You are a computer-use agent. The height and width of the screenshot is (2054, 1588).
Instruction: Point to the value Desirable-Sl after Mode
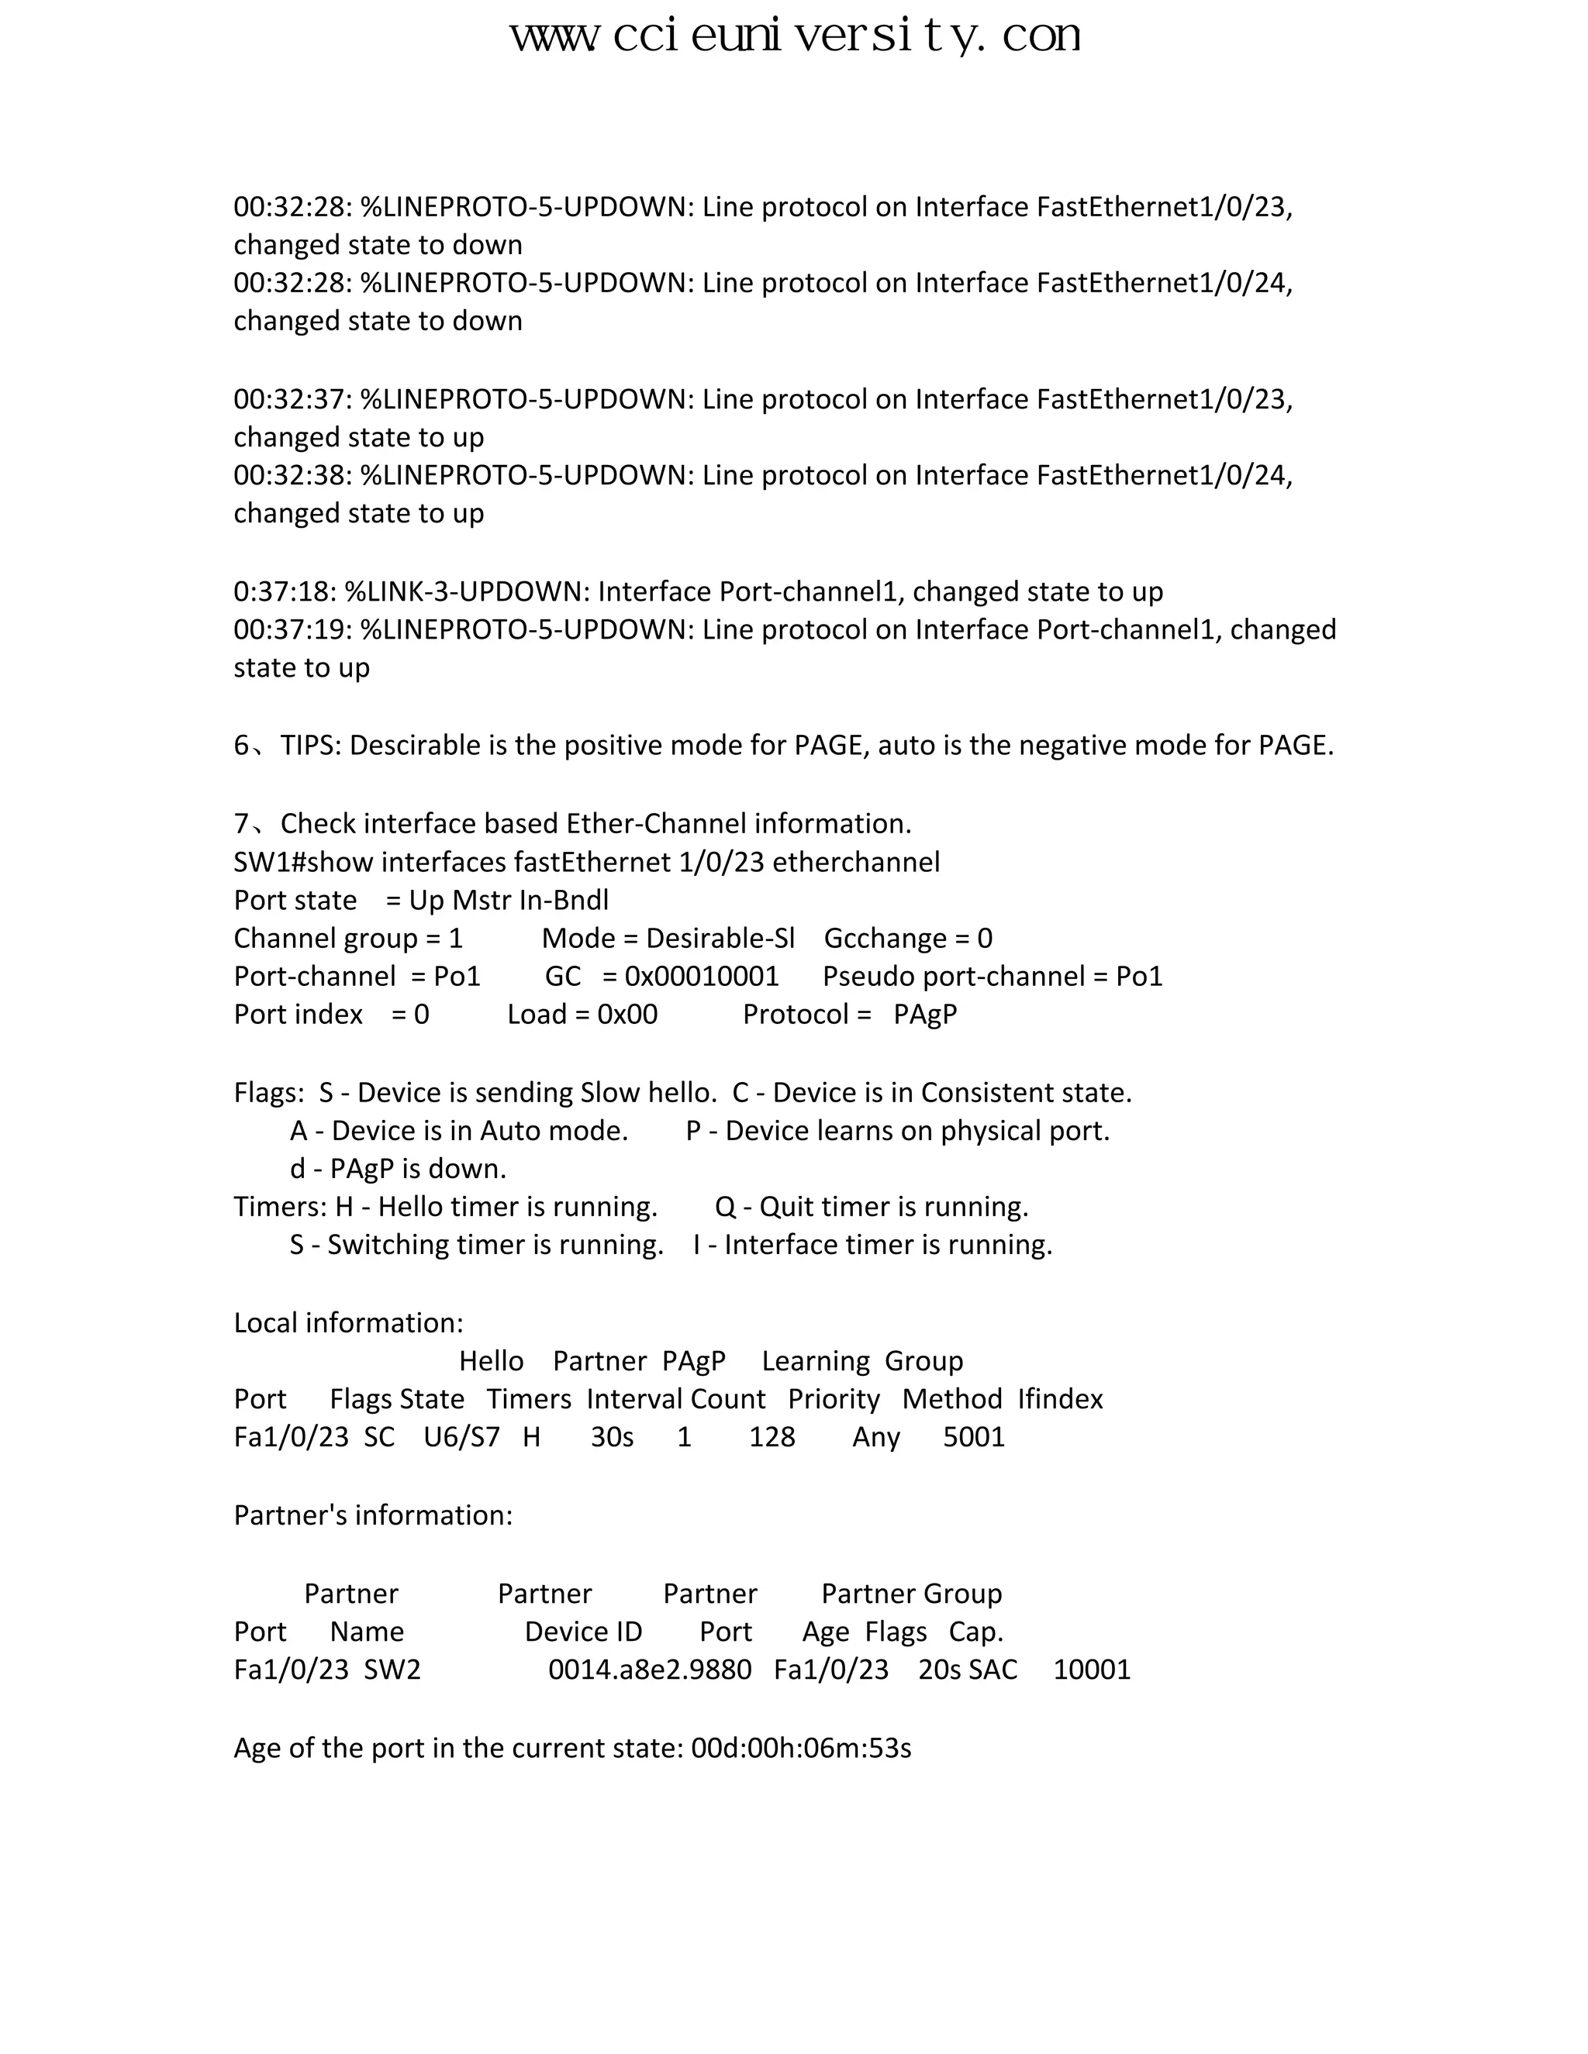(720, 939)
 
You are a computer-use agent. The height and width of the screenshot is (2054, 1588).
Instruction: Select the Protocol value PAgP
(925, 1015)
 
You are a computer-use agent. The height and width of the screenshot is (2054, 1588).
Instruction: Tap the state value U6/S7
(461, 1437)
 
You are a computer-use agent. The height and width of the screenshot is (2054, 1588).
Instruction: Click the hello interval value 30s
(612, 1437)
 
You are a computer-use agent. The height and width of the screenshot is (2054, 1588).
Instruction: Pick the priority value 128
(772, 1437)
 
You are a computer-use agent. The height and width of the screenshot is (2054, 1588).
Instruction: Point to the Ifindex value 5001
(974, 1437)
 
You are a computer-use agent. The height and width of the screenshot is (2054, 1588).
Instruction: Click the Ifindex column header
(1059, 1399)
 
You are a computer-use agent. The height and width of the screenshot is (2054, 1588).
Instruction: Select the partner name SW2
(392, 1670)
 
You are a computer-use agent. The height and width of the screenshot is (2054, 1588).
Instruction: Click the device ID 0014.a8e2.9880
(649, 1670)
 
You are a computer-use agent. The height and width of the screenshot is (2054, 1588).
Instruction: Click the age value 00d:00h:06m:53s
(800, 1747)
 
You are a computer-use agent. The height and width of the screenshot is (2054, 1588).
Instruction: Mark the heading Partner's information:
(372, 1515)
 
